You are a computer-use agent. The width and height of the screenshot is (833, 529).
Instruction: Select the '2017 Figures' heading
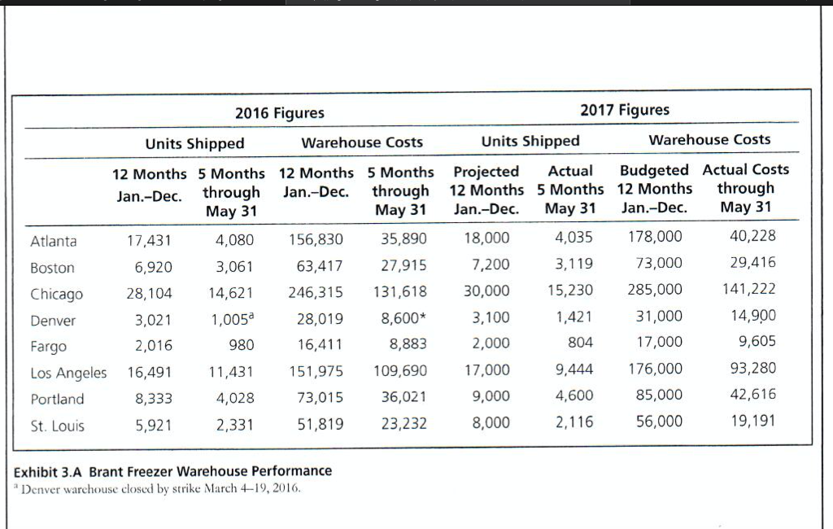pyautogui.click(x=625, y=109)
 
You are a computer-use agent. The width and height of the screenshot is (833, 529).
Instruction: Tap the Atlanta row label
pyautogui.click(x=54, y=240)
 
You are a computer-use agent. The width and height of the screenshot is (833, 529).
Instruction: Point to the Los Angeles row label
pyautogui.click(x=68, y=373)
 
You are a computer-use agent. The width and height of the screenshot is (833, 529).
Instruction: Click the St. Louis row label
pyautogui.click(x=57, y=426)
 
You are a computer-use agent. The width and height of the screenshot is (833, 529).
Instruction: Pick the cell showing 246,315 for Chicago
pyautogui.click(x=316, y=292)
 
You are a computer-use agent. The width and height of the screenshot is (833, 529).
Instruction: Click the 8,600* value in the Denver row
pyautogui.click(x=404, y=318)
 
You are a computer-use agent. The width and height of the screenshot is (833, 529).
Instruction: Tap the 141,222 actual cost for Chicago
pyautogui.click(x=748, y=289)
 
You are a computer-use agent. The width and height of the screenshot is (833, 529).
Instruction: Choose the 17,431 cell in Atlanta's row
pyautogui.click(x=150, y=240)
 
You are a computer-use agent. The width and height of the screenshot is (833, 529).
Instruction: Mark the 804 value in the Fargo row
pyautogui.click(x=580, y=343)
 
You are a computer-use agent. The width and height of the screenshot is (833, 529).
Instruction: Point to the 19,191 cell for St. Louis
pyautogui.click(x=753, y=421)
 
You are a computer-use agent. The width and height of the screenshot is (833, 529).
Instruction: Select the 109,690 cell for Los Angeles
pyautogui.click(x=400, y=371)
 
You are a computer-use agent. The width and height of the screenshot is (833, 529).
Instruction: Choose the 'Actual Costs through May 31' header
pyautogui.click(x=745, y=187)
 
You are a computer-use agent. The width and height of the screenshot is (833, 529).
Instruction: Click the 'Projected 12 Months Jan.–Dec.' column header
pyautogui.click(x=486, y=190)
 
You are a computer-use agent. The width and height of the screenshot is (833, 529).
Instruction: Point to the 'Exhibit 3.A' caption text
pyautogui.click(x=173, y=471)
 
